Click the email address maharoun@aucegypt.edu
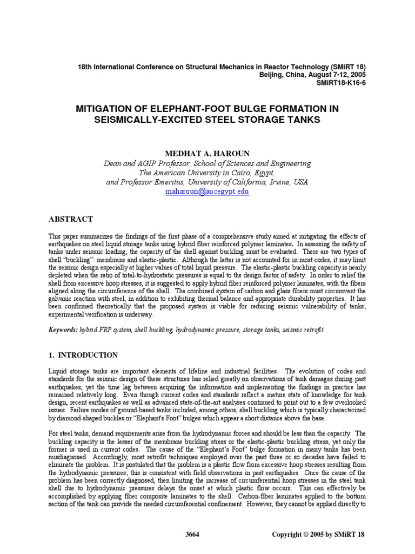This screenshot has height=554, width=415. [x=207, y=192]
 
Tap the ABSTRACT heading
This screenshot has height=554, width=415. [x=71, y=219]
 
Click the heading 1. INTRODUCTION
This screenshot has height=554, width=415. [x=83, y=355]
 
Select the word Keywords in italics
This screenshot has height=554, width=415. [x=65, y=329]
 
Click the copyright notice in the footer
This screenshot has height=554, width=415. [x=319, y=534]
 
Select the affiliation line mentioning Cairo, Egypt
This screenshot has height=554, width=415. [x=207, y=173]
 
